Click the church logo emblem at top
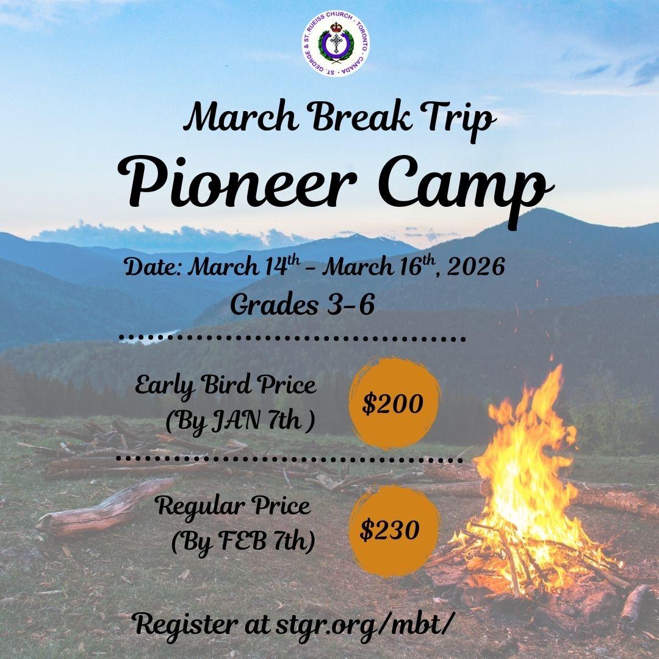pos(336,44)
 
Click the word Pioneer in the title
pos(237,182)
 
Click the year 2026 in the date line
pos(476,267)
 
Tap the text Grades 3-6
pos(302,304)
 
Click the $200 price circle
pos(394,403)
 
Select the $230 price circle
pos(394,530)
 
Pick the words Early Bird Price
pos(226,386)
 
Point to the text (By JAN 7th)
pos(240,422)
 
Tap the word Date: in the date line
pos(153,267)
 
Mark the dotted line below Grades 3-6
pos(292,338)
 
